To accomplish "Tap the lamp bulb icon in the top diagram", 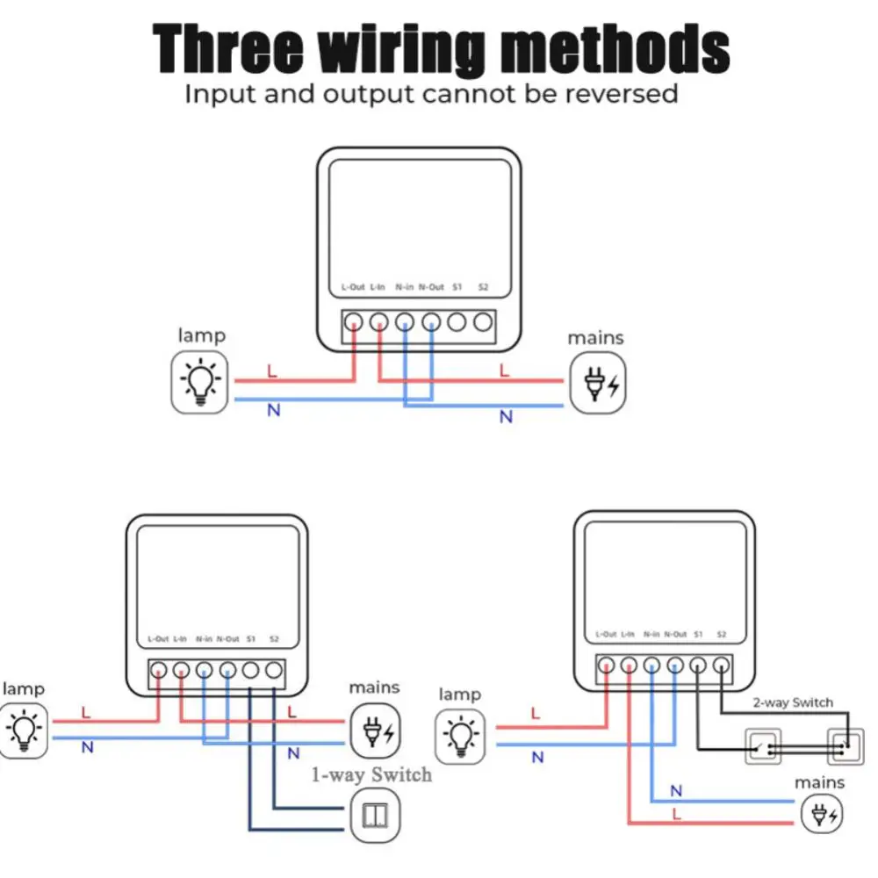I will point(201,382).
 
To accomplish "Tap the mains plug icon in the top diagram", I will point(599,383).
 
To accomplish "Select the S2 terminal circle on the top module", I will point(482,322).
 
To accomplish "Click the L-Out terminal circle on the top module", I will point(353,322).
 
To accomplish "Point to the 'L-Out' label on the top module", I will point(352,287).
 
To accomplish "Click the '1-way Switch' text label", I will point(372,774).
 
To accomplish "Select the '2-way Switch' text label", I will point(793,702).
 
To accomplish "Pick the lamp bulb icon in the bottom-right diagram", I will point(460,735).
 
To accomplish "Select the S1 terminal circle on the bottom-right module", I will point(698,666).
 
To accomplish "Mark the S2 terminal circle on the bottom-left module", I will point(274,672).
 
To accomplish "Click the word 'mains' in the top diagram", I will point(595,337).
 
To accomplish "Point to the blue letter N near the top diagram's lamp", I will point(273,410).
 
